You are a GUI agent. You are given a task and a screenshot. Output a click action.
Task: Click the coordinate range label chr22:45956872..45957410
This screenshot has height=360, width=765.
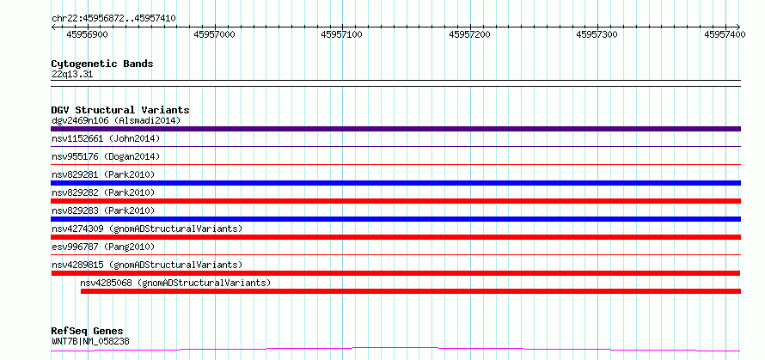point(113,19)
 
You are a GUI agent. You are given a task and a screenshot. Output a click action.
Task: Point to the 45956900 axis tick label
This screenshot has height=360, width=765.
point(88,34)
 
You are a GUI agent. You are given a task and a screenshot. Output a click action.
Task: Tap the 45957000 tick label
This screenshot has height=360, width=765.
point(215,34)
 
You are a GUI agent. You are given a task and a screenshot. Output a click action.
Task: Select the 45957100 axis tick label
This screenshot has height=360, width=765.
point(342,34)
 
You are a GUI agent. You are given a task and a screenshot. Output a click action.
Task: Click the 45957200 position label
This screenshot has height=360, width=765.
point(470,34)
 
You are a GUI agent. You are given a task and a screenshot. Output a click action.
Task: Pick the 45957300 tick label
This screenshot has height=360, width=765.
point(597,34)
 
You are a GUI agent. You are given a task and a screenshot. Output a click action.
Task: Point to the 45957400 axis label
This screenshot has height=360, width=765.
point(725,34)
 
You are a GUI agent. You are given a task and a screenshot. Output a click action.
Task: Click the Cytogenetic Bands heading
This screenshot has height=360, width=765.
point(102,64)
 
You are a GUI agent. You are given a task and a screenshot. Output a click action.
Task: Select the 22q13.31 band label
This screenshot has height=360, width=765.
point(72,75)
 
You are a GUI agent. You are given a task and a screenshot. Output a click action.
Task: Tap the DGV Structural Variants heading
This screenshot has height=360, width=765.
point(120,110)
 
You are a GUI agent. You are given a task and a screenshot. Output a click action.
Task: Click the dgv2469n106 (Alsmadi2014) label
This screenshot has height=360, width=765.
point(116,120)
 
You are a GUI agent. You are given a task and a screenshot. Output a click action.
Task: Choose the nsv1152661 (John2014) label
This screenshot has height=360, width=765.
point(106,138)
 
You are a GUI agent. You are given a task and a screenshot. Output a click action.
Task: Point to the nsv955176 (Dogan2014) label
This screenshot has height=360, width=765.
point(106,156)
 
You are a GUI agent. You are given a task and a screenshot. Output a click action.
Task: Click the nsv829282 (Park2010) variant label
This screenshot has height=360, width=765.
point(103,192)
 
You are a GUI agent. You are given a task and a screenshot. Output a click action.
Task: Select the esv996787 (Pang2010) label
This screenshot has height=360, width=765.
point(103,247)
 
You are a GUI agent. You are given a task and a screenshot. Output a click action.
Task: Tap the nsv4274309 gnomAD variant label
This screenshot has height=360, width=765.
point(147,229)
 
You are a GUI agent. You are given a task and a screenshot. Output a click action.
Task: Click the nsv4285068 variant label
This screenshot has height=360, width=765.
point(175,283)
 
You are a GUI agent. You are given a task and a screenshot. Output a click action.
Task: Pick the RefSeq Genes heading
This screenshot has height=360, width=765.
point(88,332)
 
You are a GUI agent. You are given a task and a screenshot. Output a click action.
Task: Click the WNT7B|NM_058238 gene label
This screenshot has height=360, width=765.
point(91,341)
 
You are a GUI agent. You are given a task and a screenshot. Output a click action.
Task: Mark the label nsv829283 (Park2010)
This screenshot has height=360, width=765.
point(103,211)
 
